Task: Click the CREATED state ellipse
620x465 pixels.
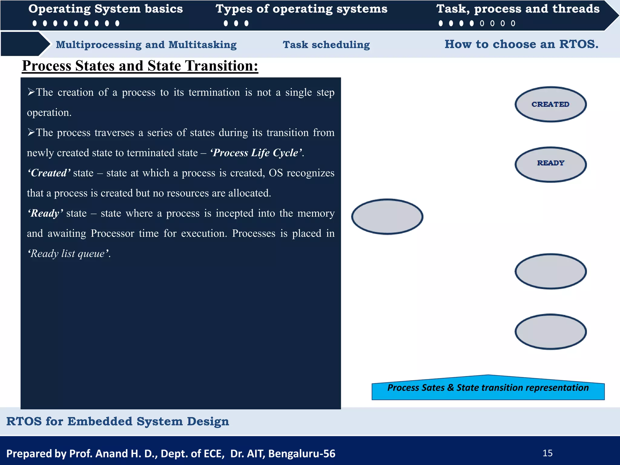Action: pyautogui.click(x=550, y=104)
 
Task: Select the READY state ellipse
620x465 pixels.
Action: pyautogui.click(x=550, y=164)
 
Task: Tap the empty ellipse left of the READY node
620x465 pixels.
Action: pyautogui.click(x=387, y=217)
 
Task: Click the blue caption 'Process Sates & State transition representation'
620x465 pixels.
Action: pyautogui.click(x=488, y=388)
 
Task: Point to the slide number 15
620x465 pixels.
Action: pyautogui.click(x=547, y=453)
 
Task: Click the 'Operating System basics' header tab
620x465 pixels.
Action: pyautogui.click(x=106, y=9)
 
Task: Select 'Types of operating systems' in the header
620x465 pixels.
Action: pyautogui.click(x=301, y=9)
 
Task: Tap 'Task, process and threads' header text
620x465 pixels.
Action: pyautogui.click(x=518, y=9)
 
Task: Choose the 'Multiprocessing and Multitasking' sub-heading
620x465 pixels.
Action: pyautogui.click(x=146, y=45)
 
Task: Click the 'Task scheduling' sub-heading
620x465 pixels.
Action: pyautogui.click(x=326, y=45)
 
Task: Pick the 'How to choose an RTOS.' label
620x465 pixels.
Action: pyautogui.click(x=521, y=44)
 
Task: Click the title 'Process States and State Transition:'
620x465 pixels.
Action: pyautogui.click(x=140, y=66)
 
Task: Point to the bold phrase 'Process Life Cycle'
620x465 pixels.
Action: pyautogui.click(x=256, y=153)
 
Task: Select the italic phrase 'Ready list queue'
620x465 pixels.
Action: pyautogui.click(x=69, y=253)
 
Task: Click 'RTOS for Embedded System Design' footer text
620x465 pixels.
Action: pyautogui.click(x=117, y=421)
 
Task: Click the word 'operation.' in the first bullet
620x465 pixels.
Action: pyautogui.click(x=49, y=113)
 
